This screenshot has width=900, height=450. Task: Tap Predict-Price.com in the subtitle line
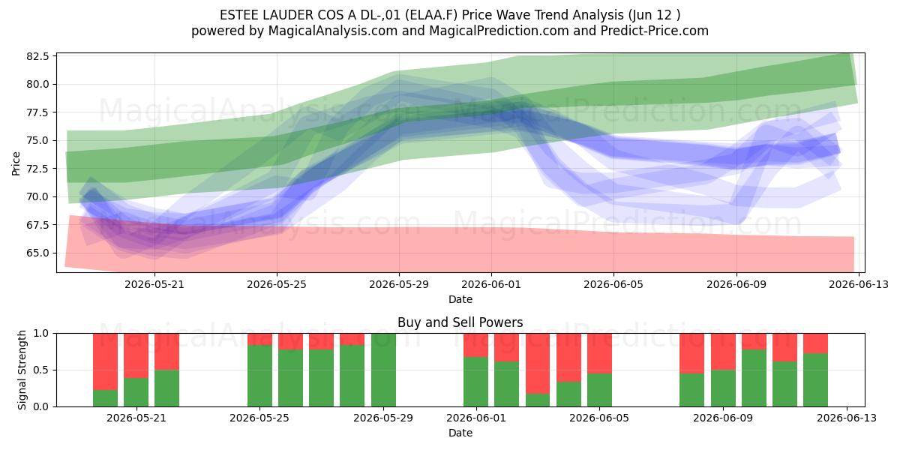tap(655, 31)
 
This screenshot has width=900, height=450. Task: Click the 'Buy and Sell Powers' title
tap(460, 322)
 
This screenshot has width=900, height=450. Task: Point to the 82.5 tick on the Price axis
tap(37, 56)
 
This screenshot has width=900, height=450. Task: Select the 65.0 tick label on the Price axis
tap(37, 253)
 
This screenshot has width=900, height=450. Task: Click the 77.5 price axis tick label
tap(37, 112)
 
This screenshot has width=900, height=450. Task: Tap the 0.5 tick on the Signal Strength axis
tap(41, 370)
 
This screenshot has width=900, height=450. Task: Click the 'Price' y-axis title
tap(16, 163)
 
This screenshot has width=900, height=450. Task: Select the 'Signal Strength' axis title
tap(22, 370)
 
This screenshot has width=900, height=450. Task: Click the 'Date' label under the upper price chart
tap(460, 299)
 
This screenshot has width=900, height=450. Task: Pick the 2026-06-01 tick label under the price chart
tap(491, 284)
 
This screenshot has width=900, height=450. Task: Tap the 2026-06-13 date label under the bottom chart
tap(847, 418)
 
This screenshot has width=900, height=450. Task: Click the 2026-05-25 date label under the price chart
tap(277, 284)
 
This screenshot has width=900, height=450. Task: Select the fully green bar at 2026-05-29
tap(383, 370)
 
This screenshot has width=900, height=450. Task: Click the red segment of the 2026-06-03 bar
tap(538, 363)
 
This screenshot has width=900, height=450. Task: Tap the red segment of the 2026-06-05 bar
tap(599, 353)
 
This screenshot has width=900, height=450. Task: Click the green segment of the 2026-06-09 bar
tap(723, 388)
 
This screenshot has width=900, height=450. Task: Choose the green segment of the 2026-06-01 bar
tap(475, 382)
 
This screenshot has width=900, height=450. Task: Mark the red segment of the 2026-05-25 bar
tap(259, 340)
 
